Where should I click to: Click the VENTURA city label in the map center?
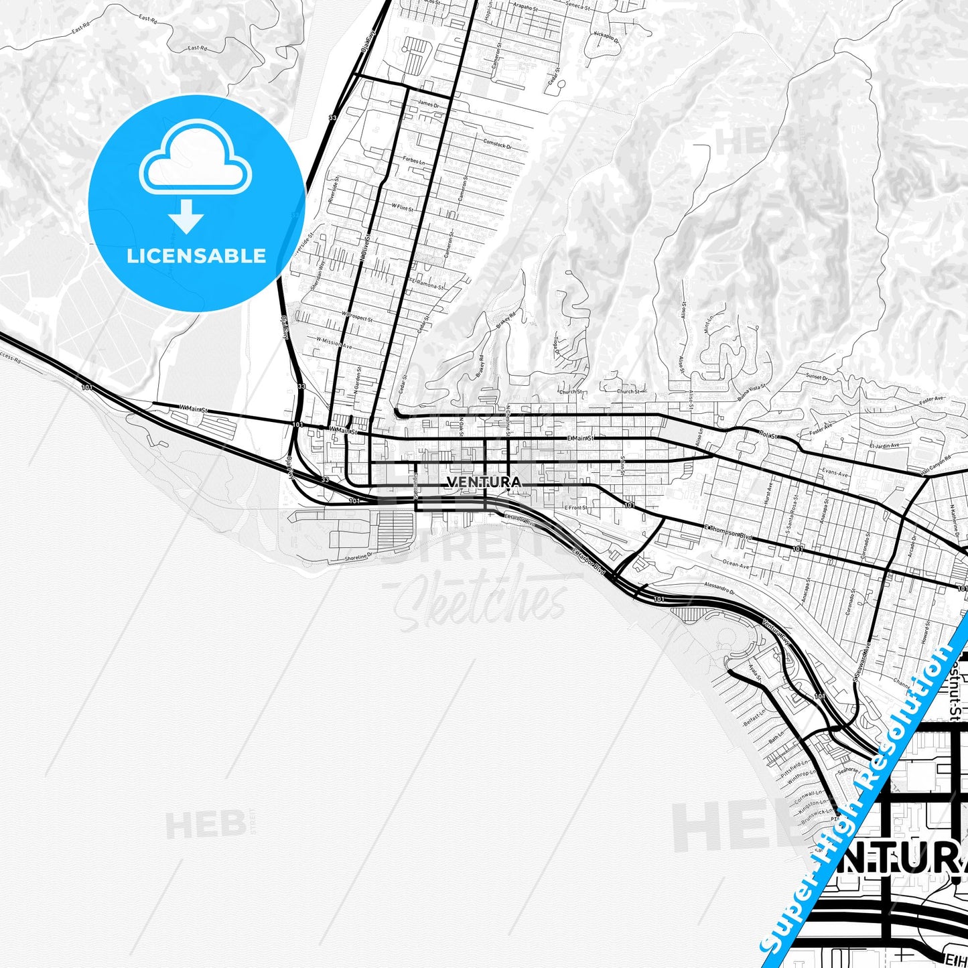point(483,482)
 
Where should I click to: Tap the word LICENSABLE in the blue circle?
point(196,256)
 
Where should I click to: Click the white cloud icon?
point(195,159)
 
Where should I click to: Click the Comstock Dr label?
point(497,144)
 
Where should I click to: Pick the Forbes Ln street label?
point(413,161)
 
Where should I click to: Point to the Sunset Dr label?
point(817,377)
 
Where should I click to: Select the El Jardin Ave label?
point(884,445)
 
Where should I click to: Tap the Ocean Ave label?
point(736,565)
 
